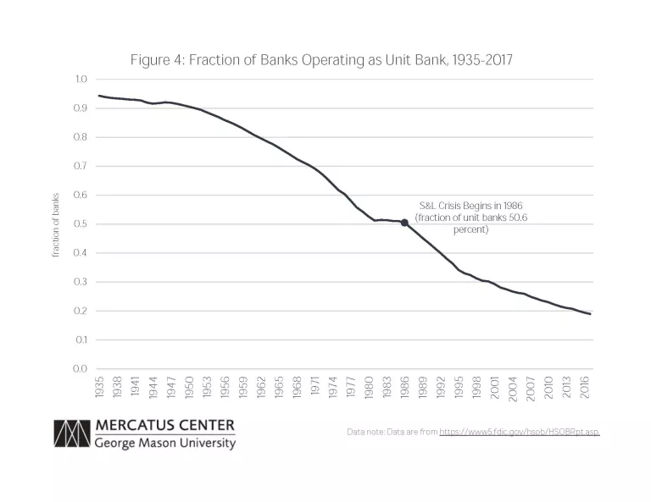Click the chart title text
321,60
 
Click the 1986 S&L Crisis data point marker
404,223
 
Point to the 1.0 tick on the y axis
81,80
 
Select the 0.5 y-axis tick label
81,224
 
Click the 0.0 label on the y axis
81,369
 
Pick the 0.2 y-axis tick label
81,312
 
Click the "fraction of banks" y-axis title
56,224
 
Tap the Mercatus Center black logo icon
71,434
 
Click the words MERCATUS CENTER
164,426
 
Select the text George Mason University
164,443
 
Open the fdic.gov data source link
519,432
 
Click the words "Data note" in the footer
366,432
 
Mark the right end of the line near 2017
590,314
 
